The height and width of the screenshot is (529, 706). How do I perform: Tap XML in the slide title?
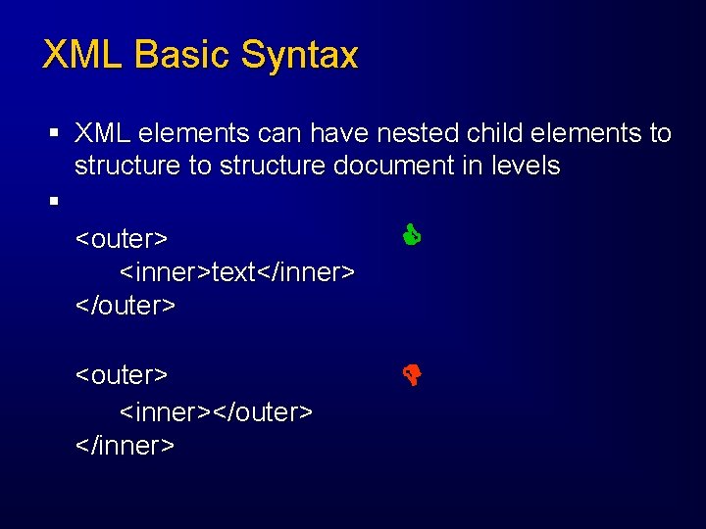(x=83, y=55)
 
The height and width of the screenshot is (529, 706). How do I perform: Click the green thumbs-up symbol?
(x=411, y=234)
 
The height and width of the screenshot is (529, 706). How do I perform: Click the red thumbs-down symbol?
(x=411, y=373)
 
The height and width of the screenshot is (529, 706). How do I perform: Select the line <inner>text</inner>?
(x=236, y=271)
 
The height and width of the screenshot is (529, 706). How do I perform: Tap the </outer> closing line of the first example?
(x=126, y=305)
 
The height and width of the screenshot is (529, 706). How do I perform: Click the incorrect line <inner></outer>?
(x=216, y=411)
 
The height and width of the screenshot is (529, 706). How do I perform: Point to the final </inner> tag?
(x=126, y=446)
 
